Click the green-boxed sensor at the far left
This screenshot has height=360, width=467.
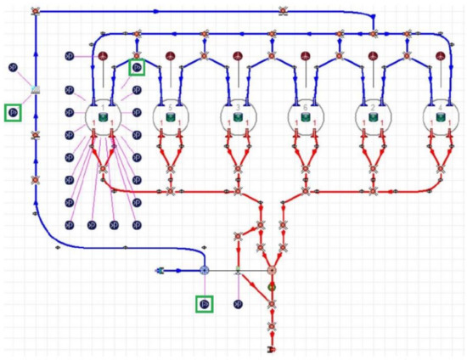click(x=13, y=112)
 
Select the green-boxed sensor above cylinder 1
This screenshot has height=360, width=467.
click(x=137, y=66)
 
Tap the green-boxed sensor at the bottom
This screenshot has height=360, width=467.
click(x=204, y=302)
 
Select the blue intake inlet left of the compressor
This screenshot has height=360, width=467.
click(x=159, y=271)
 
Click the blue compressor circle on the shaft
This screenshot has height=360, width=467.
click(x=204, y=271)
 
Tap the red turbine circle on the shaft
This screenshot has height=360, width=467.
click(x=272, y=271)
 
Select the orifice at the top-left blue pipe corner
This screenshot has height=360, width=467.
click(x=36, y=12)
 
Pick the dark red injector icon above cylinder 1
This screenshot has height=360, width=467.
click(x=104, y=57)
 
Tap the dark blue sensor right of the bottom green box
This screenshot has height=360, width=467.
click(x=239, y=302)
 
